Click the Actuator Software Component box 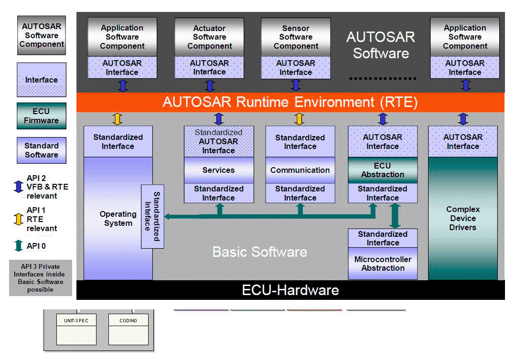coord(209,37)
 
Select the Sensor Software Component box coord(296,37)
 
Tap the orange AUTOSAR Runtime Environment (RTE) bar coord(290,102)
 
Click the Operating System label coord(118,219)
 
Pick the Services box coord(219,170)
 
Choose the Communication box coord(300,170)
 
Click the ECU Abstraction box coord(382,170)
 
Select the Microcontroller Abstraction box coord(383,264)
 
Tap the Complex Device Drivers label coord(462,218)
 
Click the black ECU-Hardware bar coord(290,290)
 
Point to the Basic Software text coord(259,252)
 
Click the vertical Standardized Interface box coord(152,216)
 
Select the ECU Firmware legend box coord(42,116)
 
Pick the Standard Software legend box coord(42,150)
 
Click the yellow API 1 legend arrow coord(19,219)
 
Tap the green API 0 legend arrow coord(19,246)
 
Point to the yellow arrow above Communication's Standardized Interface coord(300,118)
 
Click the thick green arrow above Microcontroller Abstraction coord(395,216)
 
